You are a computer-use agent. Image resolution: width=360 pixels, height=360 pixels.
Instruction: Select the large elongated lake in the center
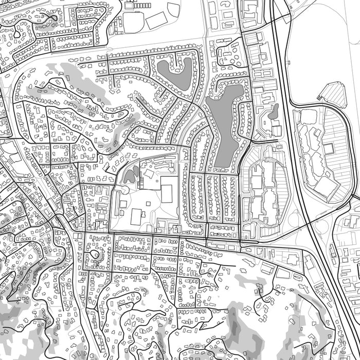[x=224, y=126]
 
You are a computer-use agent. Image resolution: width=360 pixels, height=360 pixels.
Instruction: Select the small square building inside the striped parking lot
[x=328, y=148]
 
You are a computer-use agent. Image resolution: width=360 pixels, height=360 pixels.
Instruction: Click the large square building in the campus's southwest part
[x=136, y=217]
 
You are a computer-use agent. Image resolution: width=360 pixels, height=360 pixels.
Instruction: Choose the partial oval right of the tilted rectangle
[x=173, y=9]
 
